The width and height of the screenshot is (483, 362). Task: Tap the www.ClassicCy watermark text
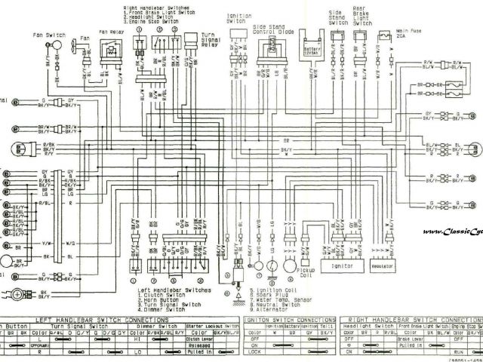[x=452, y=232]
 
